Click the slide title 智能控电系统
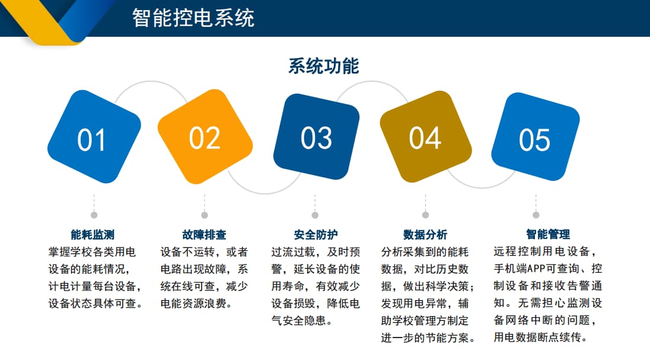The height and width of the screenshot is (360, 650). pyautogui.click(x=193, y=18)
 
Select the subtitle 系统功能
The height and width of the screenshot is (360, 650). pyautogui.click(x=323, y=66)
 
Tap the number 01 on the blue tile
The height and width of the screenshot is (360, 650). pyautogui.click(x=92, y=140)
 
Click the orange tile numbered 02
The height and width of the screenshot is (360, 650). pyautogui.click(x=205, y=138)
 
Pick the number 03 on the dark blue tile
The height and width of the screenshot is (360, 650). pyautogui.click(x=316, y=138)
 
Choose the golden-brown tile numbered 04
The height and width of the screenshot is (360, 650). pyautogui.click(x=425, y=138)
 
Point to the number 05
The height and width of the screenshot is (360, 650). pyautogui.click(x=535, y=140)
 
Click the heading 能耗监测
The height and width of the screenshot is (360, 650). pyautogui.click(x=93, y=234)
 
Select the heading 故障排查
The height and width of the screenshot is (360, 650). pyautogui.click(x=204, y=234)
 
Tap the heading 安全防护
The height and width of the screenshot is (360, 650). pyautogui.click(x=316, y=234)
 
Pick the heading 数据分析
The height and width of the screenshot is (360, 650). pyautogui.click(x=425, y=234)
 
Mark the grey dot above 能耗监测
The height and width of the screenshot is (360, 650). pyautogui.click(x=94, y=215)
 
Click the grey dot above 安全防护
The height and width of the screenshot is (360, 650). pyautogui.click(x=315, y=215)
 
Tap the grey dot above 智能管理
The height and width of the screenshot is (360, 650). pyautogui.click(x=536, y=215)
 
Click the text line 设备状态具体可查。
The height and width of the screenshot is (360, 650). pyautogui.click(x=95, y=304)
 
